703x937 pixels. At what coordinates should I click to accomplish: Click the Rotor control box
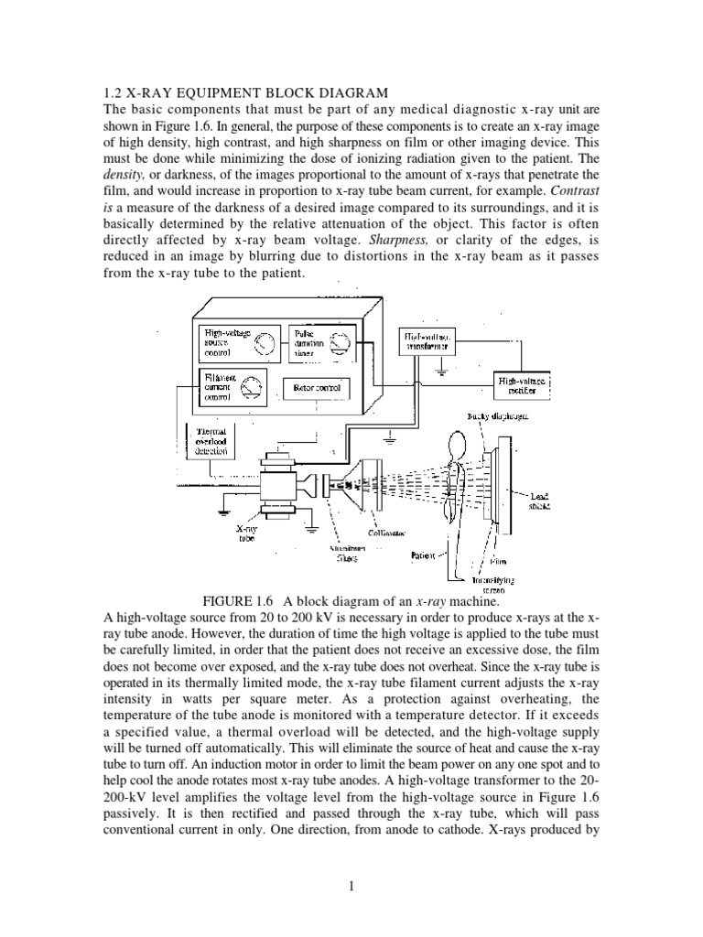coord(316,388)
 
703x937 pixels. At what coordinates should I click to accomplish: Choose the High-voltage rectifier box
coord(523,385)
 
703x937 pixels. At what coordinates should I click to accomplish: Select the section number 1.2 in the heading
coord(109,92)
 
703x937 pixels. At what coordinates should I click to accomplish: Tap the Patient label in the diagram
coord(422,555)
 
